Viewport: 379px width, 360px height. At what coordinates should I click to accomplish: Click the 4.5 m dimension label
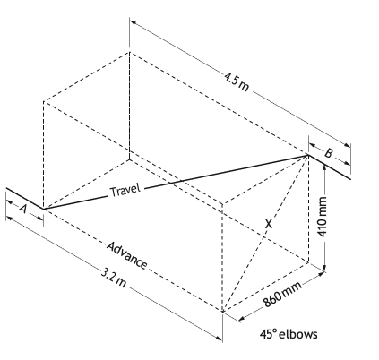(237, 81)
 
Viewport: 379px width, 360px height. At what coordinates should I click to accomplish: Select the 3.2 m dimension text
(113, 278)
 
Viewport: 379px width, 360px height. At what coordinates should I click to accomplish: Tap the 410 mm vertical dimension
(322, 217)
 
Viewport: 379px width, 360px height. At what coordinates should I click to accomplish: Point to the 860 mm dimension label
(282, 295)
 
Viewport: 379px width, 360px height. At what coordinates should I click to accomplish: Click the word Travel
(125, 190)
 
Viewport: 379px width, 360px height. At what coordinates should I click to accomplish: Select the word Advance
(127, 255)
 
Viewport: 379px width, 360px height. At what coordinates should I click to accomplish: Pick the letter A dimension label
(22, 209)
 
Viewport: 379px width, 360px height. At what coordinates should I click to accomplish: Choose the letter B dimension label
(329, 153)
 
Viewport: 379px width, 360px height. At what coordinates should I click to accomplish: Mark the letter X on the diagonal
(269, 224)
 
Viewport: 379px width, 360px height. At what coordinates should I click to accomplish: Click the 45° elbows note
(289, 334)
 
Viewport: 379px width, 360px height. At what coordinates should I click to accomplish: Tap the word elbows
(297, 334)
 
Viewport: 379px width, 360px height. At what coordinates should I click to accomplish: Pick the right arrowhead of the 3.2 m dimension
(219, 338)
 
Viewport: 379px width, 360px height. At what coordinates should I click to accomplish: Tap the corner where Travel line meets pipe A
(44, 209)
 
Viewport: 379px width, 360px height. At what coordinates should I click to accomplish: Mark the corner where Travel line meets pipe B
(308, 155)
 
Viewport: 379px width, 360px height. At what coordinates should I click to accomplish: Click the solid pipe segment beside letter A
(25, 199)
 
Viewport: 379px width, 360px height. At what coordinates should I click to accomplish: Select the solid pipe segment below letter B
(329, 167)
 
